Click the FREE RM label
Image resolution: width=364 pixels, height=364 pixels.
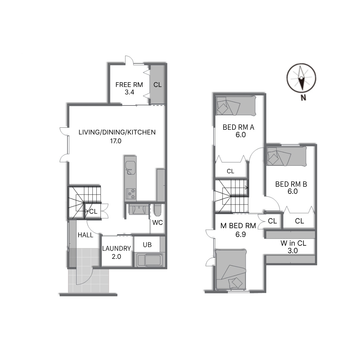point(129,85)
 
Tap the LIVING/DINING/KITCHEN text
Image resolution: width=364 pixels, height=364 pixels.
point(117,132)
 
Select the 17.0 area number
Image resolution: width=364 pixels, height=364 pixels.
point(116,141)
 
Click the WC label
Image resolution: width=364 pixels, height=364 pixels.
point(157,223)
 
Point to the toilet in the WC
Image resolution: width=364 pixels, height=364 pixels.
point(158,210)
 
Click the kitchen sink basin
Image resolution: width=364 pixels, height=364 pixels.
point(130,168)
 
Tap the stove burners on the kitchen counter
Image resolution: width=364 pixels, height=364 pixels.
point(130,194)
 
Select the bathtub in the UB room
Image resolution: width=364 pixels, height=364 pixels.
point(150,260)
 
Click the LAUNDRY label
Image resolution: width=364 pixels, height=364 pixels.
point(117,249)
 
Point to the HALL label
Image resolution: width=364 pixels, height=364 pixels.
point(85,235)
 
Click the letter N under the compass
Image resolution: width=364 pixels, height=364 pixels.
point(303,98)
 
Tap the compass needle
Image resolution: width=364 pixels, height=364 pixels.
point(301,78)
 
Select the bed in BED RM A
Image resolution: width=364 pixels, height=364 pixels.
point(236,106)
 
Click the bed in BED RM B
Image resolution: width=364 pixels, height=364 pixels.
point(287,156)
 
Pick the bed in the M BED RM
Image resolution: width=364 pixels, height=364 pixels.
point(231,269)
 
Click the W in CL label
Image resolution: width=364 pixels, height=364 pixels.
point(294,243)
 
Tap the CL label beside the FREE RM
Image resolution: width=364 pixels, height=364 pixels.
point(157,85)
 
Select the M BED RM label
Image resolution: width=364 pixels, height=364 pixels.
point(238,225)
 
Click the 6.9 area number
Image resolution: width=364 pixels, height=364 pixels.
point(241,235)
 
